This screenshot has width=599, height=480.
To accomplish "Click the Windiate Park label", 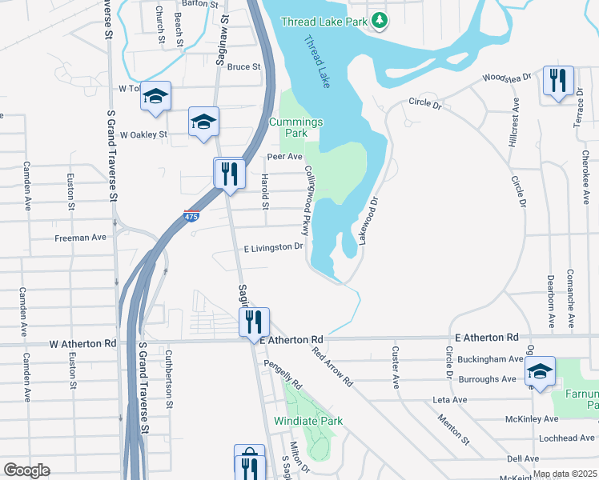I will (x=308, y=421).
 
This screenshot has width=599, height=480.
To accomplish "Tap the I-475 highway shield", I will (x=191, y=217).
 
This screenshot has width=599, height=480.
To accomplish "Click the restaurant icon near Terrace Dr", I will (x=557, y=80).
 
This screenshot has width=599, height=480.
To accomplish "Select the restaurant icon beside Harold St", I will (x=229, y=172).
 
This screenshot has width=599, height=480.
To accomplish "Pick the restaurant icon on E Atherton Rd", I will (x=254, y=322).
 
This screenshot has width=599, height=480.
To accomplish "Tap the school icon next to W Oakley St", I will (x=203, y=122).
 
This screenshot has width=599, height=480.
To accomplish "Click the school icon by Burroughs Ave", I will (x=541, y=370).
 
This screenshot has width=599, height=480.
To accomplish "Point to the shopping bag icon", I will (x=250, y=460).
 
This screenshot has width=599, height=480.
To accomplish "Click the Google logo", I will (x=26, y=470).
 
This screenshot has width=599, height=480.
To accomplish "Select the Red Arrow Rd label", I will (x=333, y=366).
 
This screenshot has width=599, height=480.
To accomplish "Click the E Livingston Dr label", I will (x=273, y=247).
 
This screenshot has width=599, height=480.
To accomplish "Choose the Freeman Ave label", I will (x=80, y=238).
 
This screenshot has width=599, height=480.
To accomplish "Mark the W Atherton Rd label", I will (x=83, y=343).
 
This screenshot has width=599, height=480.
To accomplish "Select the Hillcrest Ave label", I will (x=513, y=141).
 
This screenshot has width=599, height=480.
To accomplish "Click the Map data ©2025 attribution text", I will (x=565, y=474).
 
